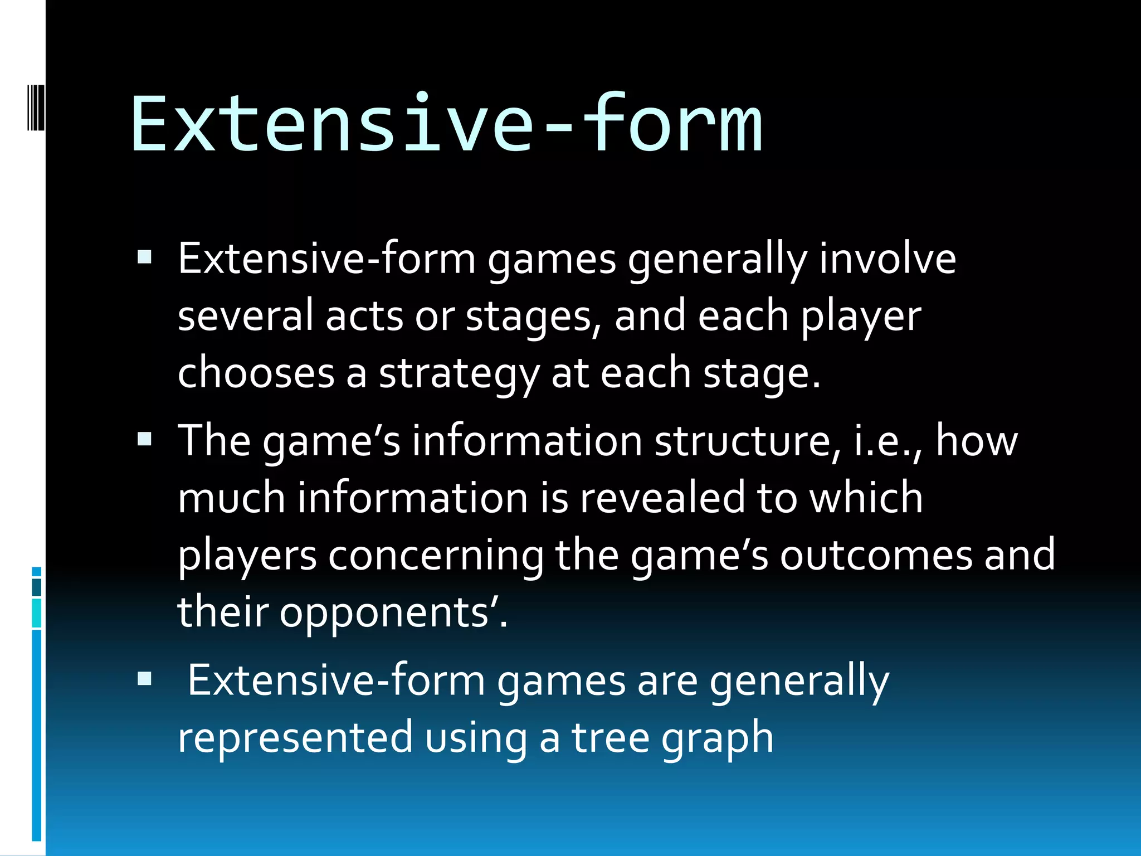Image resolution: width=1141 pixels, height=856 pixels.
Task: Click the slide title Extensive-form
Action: click(446, 124)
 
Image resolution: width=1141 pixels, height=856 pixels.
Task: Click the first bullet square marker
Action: click(145, 257)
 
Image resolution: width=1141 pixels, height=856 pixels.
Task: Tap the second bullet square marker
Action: click(145, 439)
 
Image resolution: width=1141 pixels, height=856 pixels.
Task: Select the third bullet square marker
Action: click(145, 678)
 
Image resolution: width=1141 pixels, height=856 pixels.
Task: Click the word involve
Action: click(888, 259)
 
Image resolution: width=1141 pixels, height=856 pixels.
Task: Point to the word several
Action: click(245, 316)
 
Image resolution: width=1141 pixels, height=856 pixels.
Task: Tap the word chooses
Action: click(256, 373)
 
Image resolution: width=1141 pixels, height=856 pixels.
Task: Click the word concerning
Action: click(436, 556)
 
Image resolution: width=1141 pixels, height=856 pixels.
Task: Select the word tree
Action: click(610, 738)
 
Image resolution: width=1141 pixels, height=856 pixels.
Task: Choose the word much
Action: click(231, 498)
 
